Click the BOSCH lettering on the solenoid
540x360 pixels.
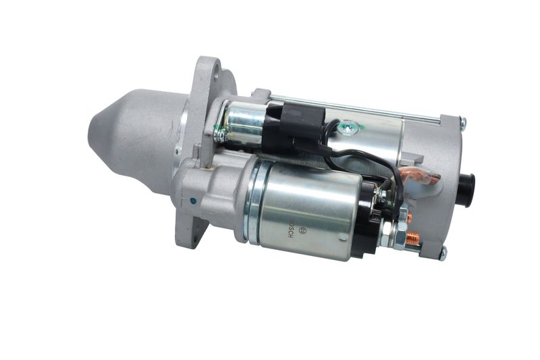pyautogui.click(x=291, y=230)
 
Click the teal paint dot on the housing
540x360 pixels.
pyautogui.click(x=192, y=201)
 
